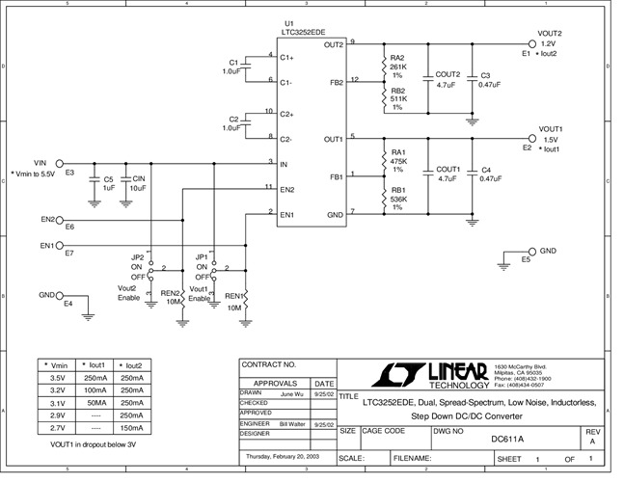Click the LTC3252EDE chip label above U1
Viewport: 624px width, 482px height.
point(304,31)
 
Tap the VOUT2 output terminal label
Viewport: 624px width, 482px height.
point(551,33)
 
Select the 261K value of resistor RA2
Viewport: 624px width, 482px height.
point(398,67)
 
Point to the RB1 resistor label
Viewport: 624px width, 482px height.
point(398,190)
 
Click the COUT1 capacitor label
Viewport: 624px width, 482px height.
point(448,169)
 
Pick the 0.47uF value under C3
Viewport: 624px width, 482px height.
point(491,85)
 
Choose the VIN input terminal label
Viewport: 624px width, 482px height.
point(41,162)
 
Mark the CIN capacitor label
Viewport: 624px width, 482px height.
point(139,178)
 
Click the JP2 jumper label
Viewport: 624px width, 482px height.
point(137,257)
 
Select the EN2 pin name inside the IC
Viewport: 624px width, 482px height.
point(286,189)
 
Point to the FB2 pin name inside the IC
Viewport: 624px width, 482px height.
point(336,83)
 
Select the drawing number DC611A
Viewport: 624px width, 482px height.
point(507,439)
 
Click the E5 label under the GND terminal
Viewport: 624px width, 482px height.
point(525,260)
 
